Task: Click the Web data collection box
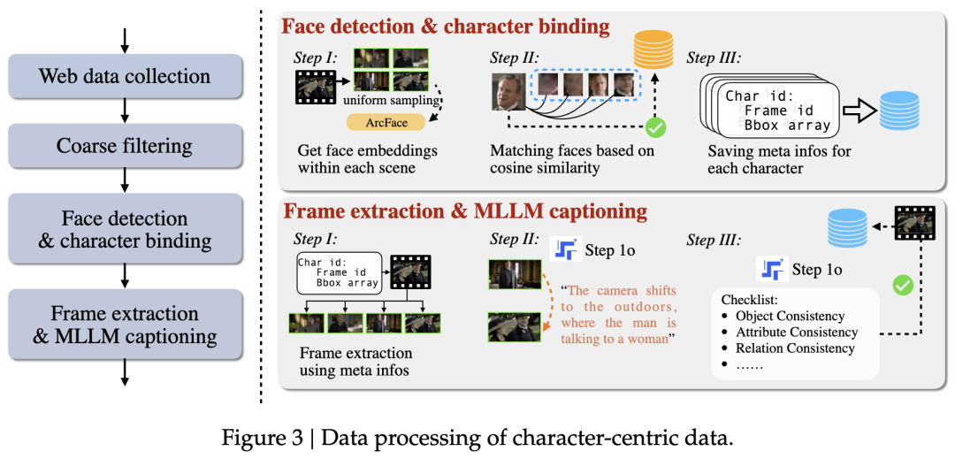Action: [125, 76]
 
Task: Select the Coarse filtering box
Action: [125, 146]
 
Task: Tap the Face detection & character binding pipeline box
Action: [125, 229]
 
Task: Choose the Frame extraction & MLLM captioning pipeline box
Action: [125, 324]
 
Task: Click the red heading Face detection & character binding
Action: [445, 27]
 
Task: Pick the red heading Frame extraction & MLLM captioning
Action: [463, 211]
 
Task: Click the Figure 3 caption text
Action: [477, 437]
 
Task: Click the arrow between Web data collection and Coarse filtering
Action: [125, 111]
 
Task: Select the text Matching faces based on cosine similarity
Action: [572, 159]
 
